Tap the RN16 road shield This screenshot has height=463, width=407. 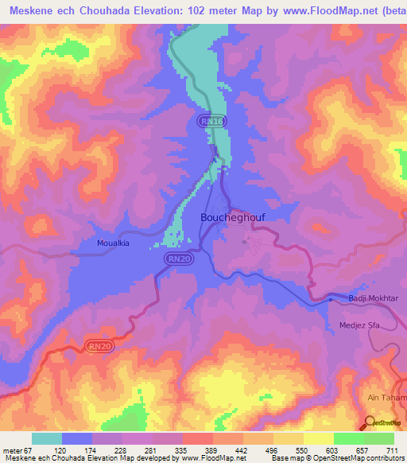point(211,120)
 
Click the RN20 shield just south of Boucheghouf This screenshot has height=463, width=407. point(178,259)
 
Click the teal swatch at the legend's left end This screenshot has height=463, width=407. point(47,439)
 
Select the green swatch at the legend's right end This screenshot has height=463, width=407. point(378,439)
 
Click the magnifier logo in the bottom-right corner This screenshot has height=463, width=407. point(370,423)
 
